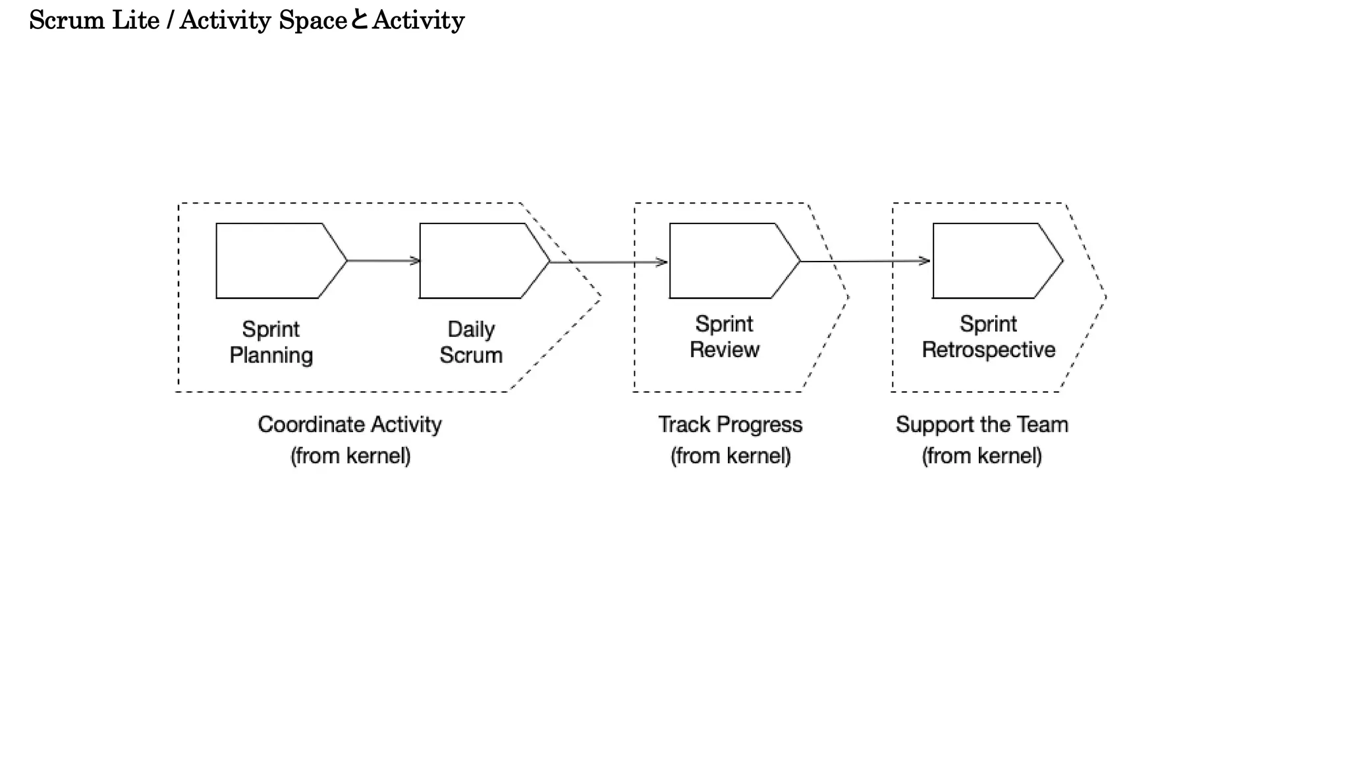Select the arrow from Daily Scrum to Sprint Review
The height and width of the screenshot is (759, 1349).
(x=609, y=262)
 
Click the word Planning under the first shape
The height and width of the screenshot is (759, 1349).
(x=271, y=355)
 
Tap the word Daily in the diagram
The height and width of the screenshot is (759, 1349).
(x=471, y=329)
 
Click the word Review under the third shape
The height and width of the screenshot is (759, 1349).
(x=725, y=350)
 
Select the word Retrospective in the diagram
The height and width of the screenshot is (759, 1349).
(x=988, y=350)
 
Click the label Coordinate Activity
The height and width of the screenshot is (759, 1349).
(x=349, y=424)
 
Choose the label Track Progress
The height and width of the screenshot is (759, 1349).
(x=730, y=424)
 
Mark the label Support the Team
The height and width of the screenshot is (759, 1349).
(x=981, y=424)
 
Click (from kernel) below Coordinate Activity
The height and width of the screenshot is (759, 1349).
(x=350, y=456)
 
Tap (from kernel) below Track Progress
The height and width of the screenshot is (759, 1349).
(x=730, y=456)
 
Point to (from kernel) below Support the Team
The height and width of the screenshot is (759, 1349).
(x=981, y=456)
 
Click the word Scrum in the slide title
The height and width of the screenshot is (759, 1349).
(x=67, y=20)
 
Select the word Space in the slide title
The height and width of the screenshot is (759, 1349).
(x=313, y=20)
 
